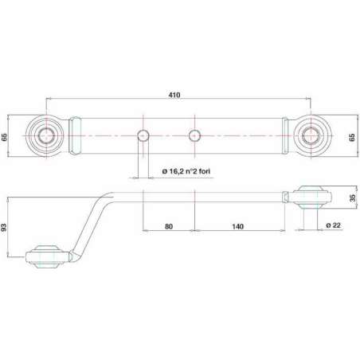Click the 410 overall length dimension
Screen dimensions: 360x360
[174, 95]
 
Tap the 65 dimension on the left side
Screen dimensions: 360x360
[5, 137]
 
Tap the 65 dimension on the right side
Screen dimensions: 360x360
[352, 137]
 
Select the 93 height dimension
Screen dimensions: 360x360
[4, 227]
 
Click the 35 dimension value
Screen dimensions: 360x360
[353, 198]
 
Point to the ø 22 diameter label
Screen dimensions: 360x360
[333, 225]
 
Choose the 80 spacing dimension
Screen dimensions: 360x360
[169, 226]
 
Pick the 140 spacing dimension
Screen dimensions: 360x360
[237, 226]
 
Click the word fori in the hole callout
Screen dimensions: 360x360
[204, 171]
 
